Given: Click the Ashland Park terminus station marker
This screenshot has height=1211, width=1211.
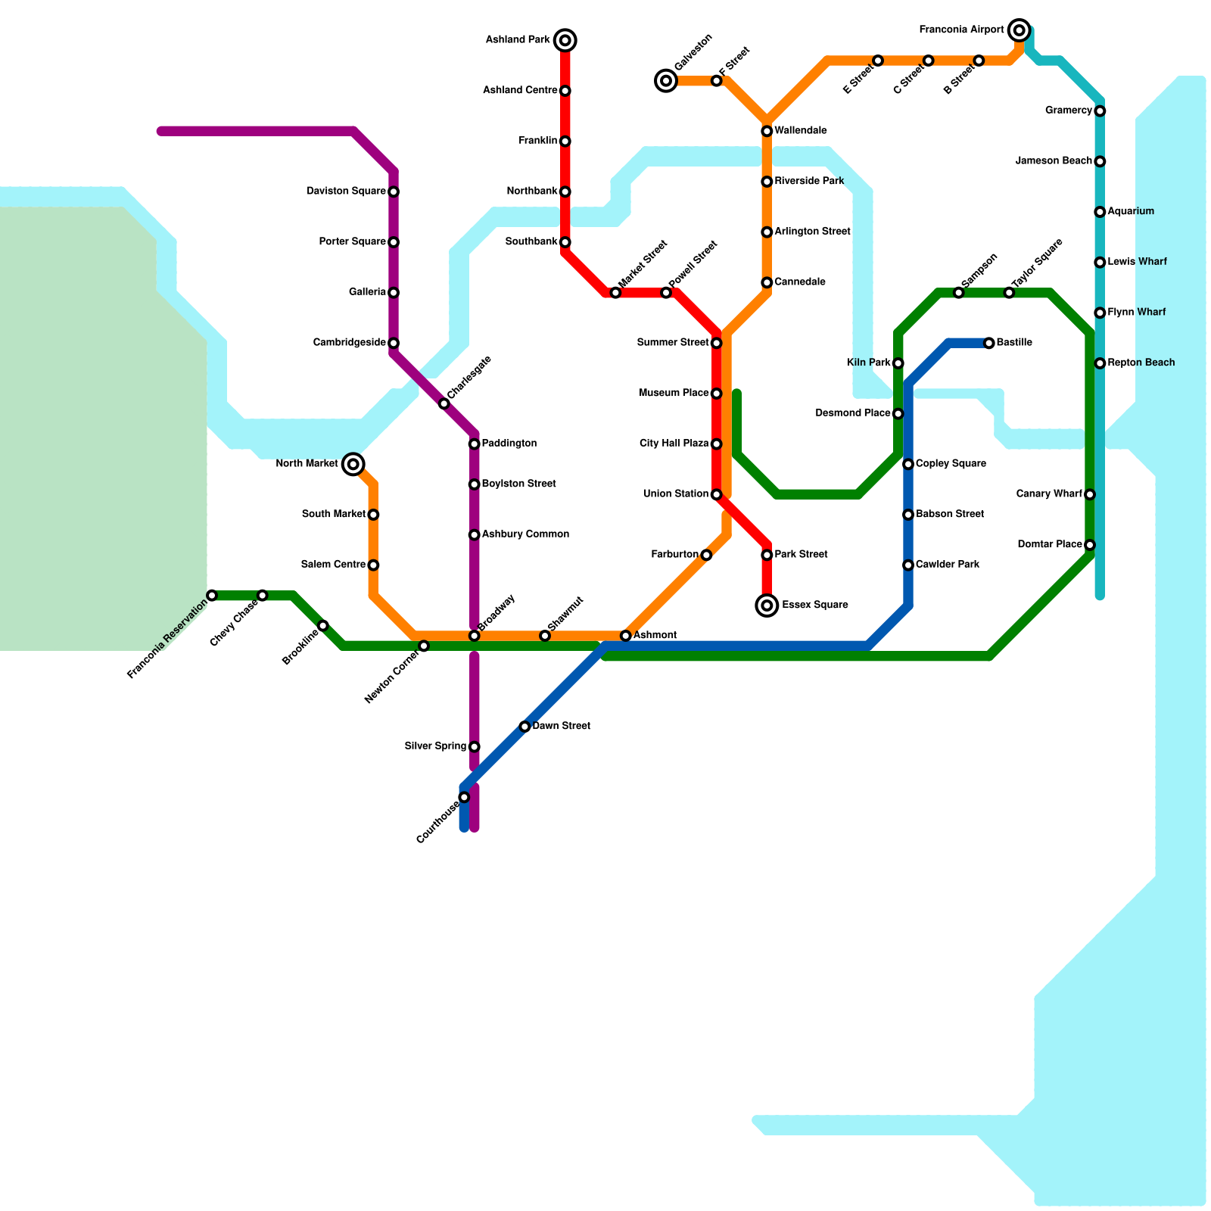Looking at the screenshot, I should pos(565,40).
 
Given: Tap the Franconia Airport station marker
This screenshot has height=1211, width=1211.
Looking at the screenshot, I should pos(1020,30).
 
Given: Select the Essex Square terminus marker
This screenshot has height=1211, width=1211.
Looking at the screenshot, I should pos(767,605).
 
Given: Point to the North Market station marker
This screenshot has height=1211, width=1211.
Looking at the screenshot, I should pos(353,464).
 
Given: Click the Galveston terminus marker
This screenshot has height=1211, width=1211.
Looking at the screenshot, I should pos(666,80).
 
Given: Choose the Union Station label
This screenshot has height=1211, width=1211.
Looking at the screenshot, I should pos(676,494).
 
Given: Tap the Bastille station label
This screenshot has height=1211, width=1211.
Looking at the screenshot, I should pos(1014,343).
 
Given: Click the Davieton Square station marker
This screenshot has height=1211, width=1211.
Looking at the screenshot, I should pos(394,191).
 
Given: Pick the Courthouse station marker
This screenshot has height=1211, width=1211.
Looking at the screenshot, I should pos(464,797).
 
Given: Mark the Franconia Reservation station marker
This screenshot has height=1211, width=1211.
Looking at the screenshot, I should pos(212,596).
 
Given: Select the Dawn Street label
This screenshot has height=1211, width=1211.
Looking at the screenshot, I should pos(561,726).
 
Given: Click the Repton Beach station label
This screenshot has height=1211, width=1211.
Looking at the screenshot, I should pos(1141,363).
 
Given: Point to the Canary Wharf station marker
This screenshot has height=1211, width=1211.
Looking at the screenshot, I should pos(1089,495).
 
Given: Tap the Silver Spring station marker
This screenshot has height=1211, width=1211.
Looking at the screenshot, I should pos(475,747).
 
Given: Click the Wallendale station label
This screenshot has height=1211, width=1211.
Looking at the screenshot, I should pos(801,131).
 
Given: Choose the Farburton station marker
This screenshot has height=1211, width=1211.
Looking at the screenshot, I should pos(706,556).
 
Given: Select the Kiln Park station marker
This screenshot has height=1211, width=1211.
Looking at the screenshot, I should pos(898,363).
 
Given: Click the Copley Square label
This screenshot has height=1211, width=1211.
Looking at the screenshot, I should pos(951,464).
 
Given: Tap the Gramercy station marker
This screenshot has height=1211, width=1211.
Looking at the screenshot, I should pos(1100,111).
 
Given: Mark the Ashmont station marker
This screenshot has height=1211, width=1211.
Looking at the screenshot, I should pos(625,636).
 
